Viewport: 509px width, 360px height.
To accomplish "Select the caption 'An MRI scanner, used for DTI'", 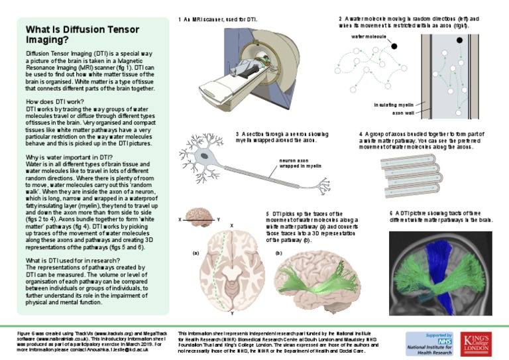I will point(218,20).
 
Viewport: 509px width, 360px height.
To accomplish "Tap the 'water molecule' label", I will point(368,37).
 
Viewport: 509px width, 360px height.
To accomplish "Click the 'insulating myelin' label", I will point(394,105).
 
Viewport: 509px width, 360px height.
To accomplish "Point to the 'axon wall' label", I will point(402,113).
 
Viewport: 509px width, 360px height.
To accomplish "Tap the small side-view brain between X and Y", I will point(198,216).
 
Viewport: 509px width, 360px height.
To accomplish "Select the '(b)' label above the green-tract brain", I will point(278,253).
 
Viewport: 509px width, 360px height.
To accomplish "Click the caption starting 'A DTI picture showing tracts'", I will point(439,215).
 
